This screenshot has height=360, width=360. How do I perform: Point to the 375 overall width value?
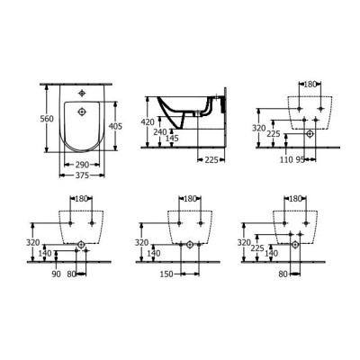[82, 176]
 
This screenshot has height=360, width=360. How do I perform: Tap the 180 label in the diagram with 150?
[190, 199]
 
